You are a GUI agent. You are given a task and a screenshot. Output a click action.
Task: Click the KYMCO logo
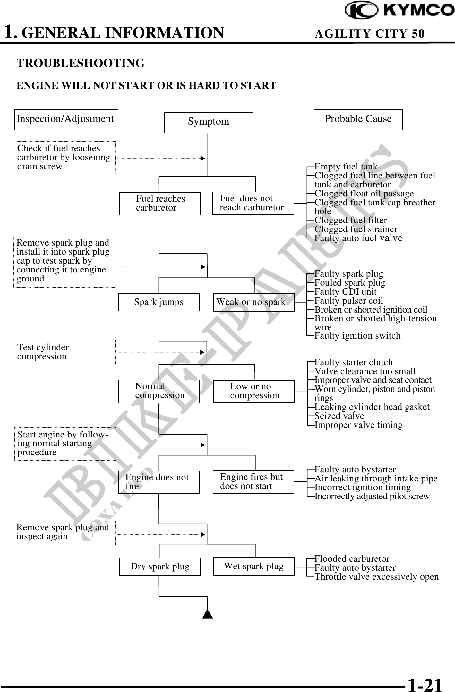pyautogui.click(x=399, y=10)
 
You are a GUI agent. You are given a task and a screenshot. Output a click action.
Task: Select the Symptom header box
pyautogui.click(x=208, y=122)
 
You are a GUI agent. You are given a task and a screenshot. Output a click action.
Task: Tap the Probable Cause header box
pyautogui.click(x=358, y=119)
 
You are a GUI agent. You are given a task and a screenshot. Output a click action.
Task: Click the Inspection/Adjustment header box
pyautogui.click(x=66, y=119)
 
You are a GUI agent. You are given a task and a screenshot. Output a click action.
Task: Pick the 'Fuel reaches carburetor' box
pyautogui.click(x=160, y=203)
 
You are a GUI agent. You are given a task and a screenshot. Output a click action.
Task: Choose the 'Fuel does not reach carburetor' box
pyautogui.click(x=253, y=203)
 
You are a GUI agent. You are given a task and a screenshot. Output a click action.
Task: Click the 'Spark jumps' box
pyautogui.click(x=159, y=302)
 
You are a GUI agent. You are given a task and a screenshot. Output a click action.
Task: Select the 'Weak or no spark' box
pyautogui.click(x=253, y=302)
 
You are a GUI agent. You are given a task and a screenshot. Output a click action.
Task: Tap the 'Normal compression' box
pyautogui.click(x=159, y=391)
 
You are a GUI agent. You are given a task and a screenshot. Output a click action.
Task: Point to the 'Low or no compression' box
pyautogui.click(x=253, y=391)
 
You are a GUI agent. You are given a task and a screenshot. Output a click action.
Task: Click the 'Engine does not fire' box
pyautogui.click(x=159, y=482)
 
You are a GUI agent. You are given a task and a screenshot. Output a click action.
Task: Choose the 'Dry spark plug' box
pyautogui.click(x=160, y=567)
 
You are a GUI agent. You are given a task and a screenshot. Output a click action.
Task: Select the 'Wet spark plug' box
pyautogui.click(x=253, y=566)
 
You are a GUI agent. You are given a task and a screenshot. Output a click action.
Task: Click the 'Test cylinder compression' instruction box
pyautogui.click(x=64, y=352)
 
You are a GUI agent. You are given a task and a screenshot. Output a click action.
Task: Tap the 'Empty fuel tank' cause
pyautogui.click(x=346, y=167)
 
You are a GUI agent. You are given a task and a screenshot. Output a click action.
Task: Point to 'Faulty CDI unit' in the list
pyautogui.click(x=345, y=292)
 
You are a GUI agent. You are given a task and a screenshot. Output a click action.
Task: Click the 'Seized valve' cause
pyautogui.click(x=339, y=416)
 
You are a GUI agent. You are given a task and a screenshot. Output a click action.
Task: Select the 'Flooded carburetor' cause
pyautogui.click(x=352, y=559)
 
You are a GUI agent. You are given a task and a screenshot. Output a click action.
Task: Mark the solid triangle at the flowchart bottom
pyautogui.click(x=208, y=614)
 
